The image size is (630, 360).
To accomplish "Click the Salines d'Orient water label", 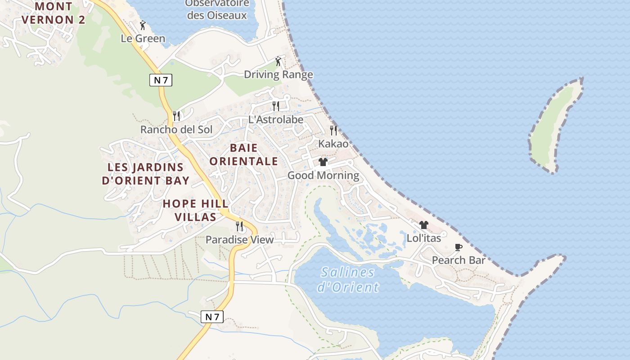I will point(348,279).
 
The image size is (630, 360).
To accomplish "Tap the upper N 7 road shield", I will point(161,80).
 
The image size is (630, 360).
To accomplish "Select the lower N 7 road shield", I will point(211,316).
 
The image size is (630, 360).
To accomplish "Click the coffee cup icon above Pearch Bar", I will point(458,247).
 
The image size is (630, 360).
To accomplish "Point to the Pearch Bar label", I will point(459,260).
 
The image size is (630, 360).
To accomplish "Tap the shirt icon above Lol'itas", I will point(423,225).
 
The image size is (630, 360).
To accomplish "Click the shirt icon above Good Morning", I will point(323,162).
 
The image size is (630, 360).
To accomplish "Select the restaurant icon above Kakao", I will point(333,130).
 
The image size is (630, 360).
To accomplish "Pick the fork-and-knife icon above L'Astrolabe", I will point(275,106).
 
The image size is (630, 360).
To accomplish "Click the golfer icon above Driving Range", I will point(278,61).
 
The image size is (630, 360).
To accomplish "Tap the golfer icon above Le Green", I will point(143,25).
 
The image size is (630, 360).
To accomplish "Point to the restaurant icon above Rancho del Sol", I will point(176,116).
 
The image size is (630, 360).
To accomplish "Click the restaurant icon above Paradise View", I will point(239,226).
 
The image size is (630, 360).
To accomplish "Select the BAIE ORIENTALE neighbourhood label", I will point(244,154).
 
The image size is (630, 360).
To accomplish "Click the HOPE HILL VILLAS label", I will point(189,210).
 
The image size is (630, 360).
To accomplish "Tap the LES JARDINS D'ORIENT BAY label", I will point(145,174).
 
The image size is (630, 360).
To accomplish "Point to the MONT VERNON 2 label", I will point(53,13).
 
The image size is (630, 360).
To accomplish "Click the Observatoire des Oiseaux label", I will point(217,9).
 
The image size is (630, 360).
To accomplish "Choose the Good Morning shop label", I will point(323,175).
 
